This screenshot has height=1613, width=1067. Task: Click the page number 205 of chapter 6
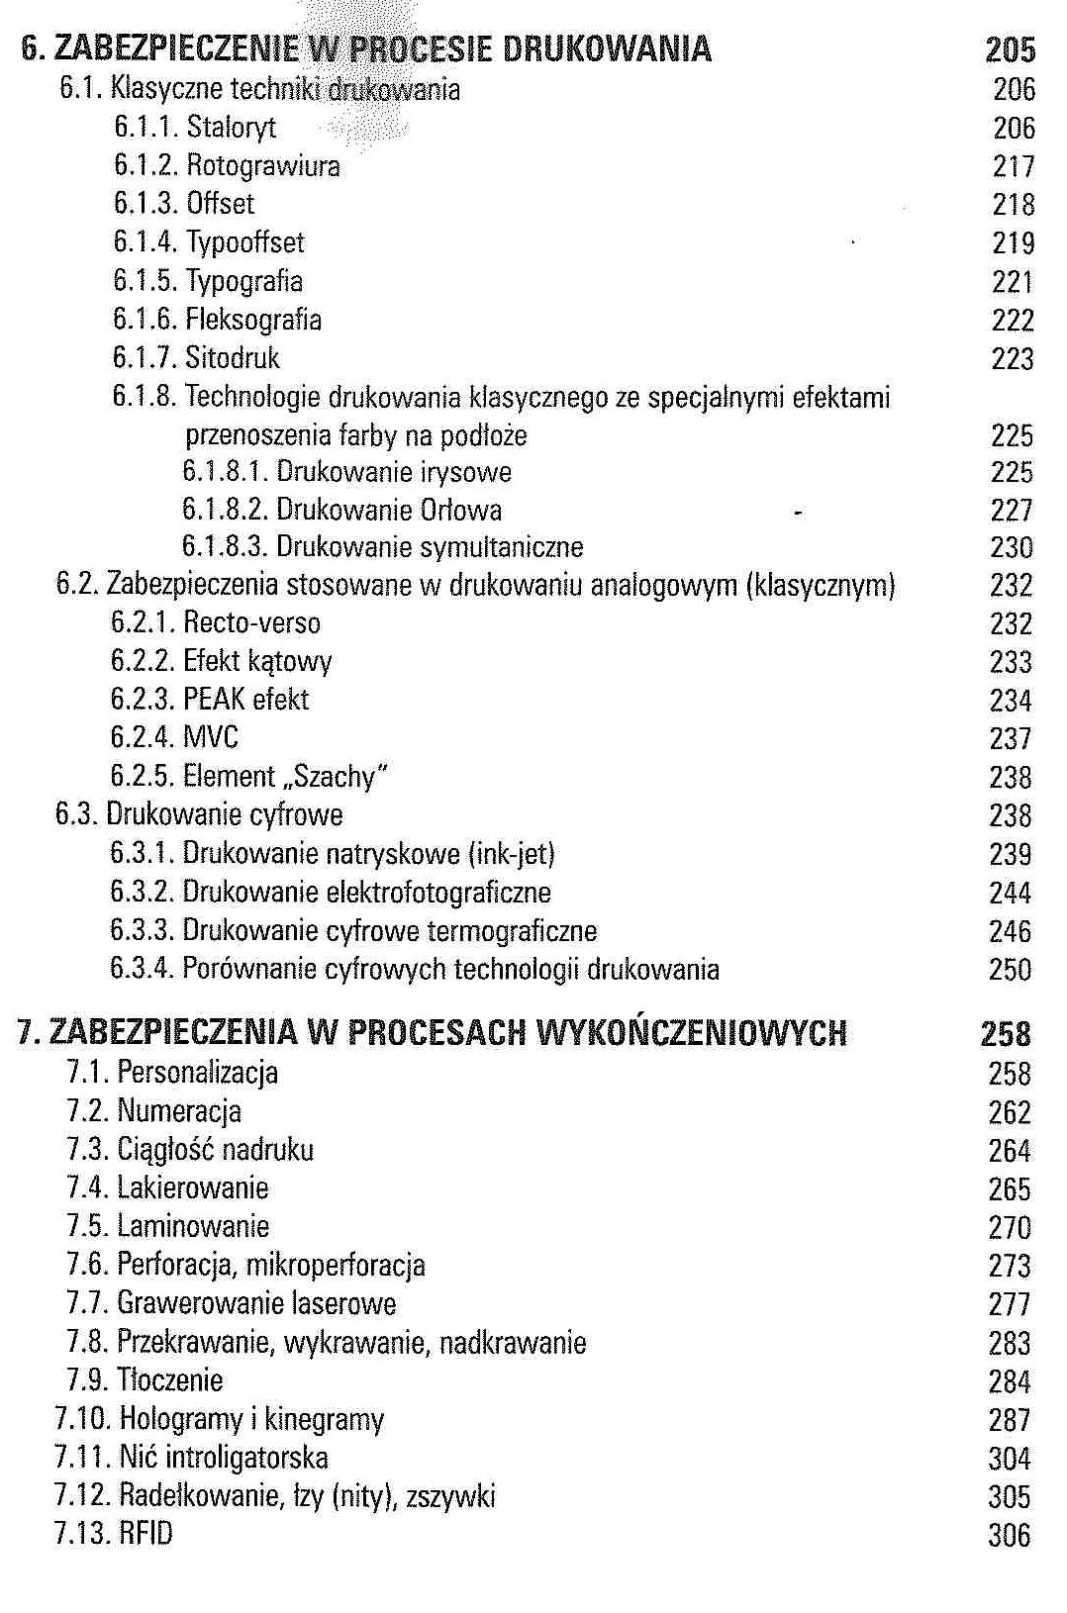[x=1011, y=49]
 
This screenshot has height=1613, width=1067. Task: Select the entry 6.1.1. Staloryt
[x=195, y=128]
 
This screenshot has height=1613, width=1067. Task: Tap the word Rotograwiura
[x=263, y=165]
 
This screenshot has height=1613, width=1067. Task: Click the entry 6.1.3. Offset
[x=184, y=204]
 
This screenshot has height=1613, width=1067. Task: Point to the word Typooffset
[x=245, y=242]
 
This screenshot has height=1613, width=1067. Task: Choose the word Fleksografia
[x=253, y=320]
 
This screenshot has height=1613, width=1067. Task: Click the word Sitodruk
[x=233, y=358]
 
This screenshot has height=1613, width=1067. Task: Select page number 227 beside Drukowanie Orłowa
[x=1012, y=511]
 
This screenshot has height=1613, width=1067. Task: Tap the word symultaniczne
[x=502, y=547]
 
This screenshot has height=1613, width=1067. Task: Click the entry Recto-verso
[x=252, y=623]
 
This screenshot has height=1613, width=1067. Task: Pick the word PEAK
[x=214, y=700]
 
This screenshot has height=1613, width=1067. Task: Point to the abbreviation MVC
[x=211, y=738]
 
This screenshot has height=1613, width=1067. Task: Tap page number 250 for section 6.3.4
[x=1011, y=970]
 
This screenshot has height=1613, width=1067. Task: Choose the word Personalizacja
[x=198, y=1073]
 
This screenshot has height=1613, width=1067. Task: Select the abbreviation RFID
[x=145, y=1535]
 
